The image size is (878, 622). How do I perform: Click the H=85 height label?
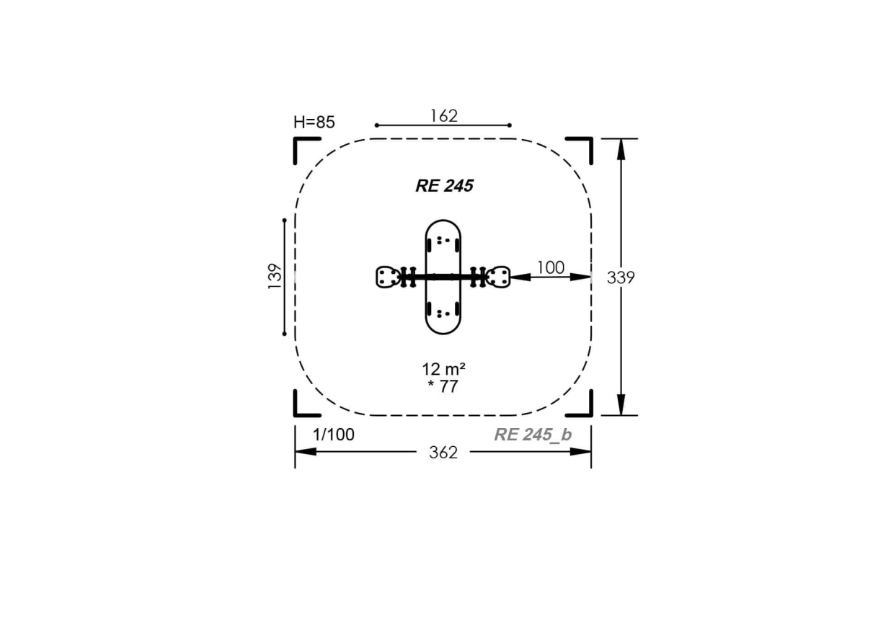pos(314,123)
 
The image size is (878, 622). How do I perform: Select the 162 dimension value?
pos(444,115)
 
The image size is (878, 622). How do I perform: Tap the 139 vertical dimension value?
pos(275,276)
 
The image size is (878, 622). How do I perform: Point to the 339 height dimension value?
pos(621,277)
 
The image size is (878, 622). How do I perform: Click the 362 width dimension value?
pos(443,453)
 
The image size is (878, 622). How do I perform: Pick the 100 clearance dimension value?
pos(550,267)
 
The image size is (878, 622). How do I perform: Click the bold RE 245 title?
pos(445,186)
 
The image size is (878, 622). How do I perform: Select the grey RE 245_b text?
pos(533,435)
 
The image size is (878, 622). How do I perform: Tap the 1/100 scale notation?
pos(334,435)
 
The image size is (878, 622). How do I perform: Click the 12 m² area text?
pos(443,369)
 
